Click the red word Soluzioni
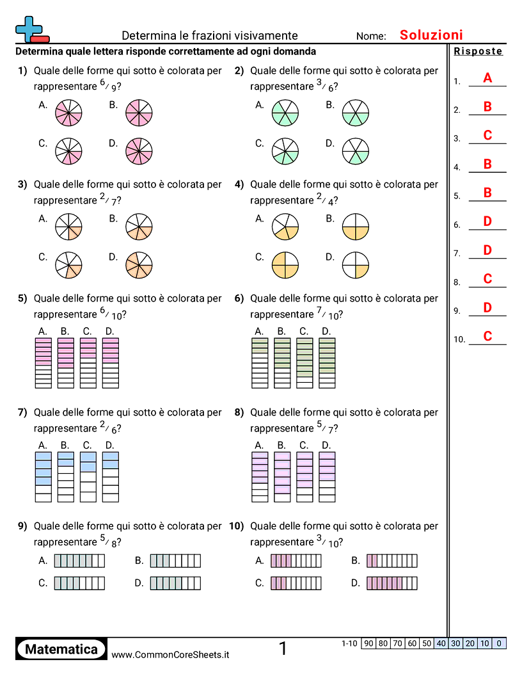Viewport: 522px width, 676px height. tap(431, 35)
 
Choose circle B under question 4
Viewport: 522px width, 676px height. tap(356, 226)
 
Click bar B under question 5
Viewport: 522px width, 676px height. tap(66, 362)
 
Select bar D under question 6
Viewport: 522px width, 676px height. tap(327, 362)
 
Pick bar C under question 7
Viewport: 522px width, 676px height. tap(88, 476)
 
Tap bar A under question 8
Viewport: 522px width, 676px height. tap(260, 476)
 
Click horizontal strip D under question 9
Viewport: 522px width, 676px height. tap(175, 583)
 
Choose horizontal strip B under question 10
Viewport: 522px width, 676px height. tap(391, 561)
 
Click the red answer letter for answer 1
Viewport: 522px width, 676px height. tap(487, 78)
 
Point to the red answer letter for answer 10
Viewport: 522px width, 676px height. tap(487, 336)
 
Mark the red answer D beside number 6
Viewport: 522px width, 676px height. tap(487, 221)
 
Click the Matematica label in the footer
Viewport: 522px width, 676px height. tap(61, 649)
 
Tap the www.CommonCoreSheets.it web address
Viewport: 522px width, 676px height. tap(170, 654)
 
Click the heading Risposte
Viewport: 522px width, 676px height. tap(478, 52)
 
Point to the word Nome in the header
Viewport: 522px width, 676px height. tap(371, 36)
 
